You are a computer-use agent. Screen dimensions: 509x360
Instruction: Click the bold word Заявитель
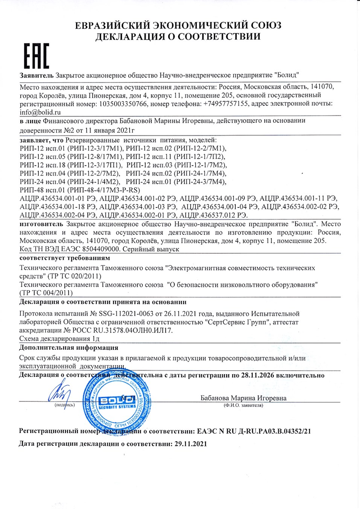36,75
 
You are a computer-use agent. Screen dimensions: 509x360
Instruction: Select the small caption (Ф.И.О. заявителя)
243,405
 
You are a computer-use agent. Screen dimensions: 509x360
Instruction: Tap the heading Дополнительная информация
69,348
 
